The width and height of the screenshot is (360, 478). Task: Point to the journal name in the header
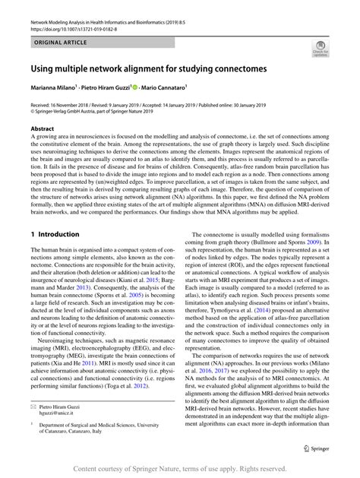114,9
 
